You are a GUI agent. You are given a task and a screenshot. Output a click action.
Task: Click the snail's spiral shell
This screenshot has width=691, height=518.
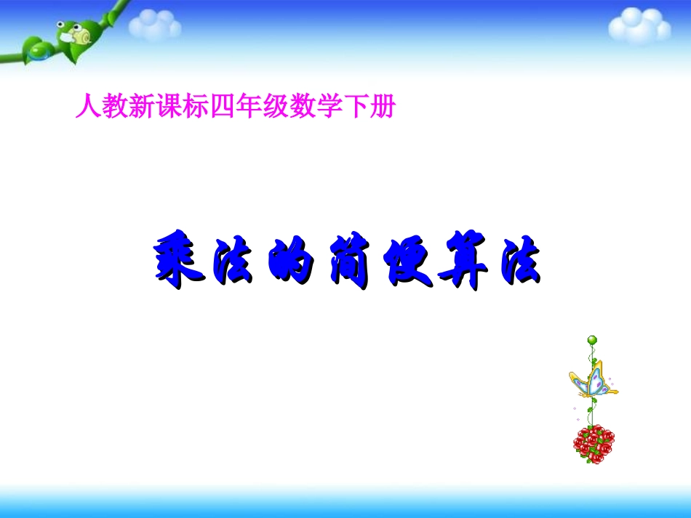(x=81, y=32)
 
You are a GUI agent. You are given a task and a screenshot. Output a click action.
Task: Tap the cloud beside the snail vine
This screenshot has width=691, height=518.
(x=155, y=27)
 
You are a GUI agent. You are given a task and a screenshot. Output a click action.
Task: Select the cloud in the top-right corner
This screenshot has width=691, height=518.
(x=639, y=26)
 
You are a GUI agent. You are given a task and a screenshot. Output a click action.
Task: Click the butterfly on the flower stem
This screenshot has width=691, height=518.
(x=592, y=381)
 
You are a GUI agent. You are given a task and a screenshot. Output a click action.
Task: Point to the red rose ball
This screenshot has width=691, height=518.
(x=594, y=443)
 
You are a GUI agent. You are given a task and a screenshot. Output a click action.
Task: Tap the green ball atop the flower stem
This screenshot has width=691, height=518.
(x=591, y=339)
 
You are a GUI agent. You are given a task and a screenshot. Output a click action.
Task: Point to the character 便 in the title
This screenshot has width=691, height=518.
(x=404, y=263)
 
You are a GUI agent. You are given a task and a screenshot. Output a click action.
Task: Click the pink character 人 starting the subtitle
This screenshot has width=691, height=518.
(x=87, y=108)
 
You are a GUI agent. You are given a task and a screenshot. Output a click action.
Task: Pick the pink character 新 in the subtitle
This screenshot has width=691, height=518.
(x=140, y=108)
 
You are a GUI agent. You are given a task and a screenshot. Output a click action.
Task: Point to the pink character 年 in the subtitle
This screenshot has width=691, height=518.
(x=249, y=108)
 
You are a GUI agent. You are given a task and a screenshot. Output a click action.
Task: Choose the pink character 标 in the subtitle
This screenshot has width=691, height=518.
(x=195, y=108)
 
